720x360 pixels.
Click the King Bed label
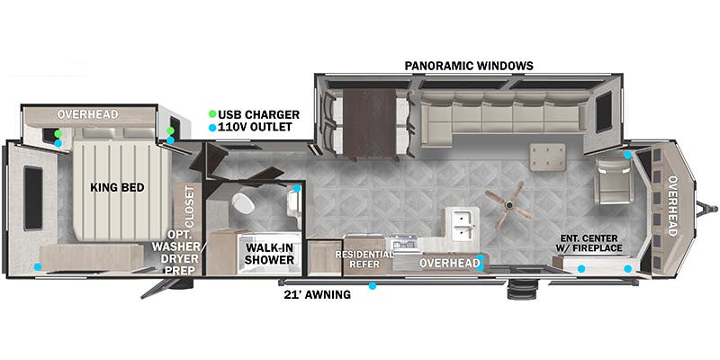click(x=117, y=187)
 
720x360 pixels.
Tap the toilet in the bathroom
click(x=243, y=203)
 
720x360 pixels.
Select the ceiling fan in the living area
click(x=508, y=205)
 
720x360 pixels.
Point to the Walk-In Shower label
click(x=269, y=254)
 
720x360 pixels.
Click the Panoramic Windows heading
click(x=469, y=66)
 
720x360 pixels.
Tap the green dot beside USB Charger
click(x=212, y=114)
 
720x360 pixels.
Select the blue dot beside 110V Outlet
click(x=212, y=128)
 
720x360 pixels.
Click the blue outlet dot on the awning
click(x=373, y=286)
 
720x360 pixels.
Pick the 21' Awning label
click(x=318, y=295)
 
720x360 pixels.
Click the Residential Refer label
click(x=364, y=259)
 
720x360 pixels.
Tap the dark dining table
click(x=370, y=124)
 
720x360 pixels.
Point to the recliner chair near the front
click(x=615, y=181)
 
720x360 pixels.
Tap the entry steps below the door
click(x=522, y=289)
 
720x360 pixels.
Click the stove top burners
click(x=403, y=242)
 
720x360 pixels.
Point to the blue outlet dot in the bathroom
click(x=297, y=188)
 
